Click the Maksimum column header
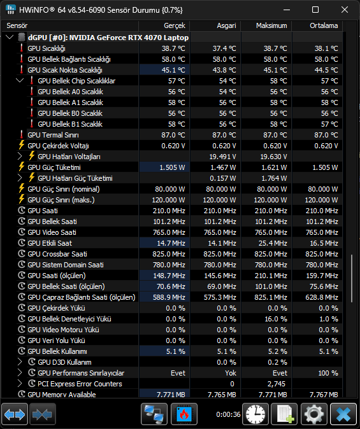[271, 25]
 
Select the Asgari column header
[226, 25]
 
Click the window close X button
[344, 10]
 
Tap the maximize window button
[315, 10]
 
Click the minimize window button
[287, 10]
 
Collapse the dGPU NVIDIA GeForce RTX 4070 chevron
[10, 37]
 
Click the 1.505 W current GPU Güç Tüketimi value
[172, 167]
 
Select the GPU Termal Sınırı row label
[53, 135]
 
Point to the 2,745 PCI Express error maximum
[276, 384]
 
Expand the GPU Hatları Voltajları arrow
[20, 156]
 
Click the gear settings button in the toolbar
[313, 414]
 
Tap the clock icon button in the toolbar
[256, 414]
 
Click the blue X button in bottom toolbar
[343, 414]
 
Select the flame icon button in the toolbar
[184, 414]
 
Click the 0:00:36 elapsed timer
[228, 414]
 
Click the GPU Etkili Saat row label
[50, 243]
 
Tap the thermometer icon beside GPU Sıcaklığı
[22, 48]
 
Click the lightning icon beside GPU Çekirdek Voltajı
[22, 145]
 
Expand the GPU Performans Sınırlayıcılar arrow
[20, 372]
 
